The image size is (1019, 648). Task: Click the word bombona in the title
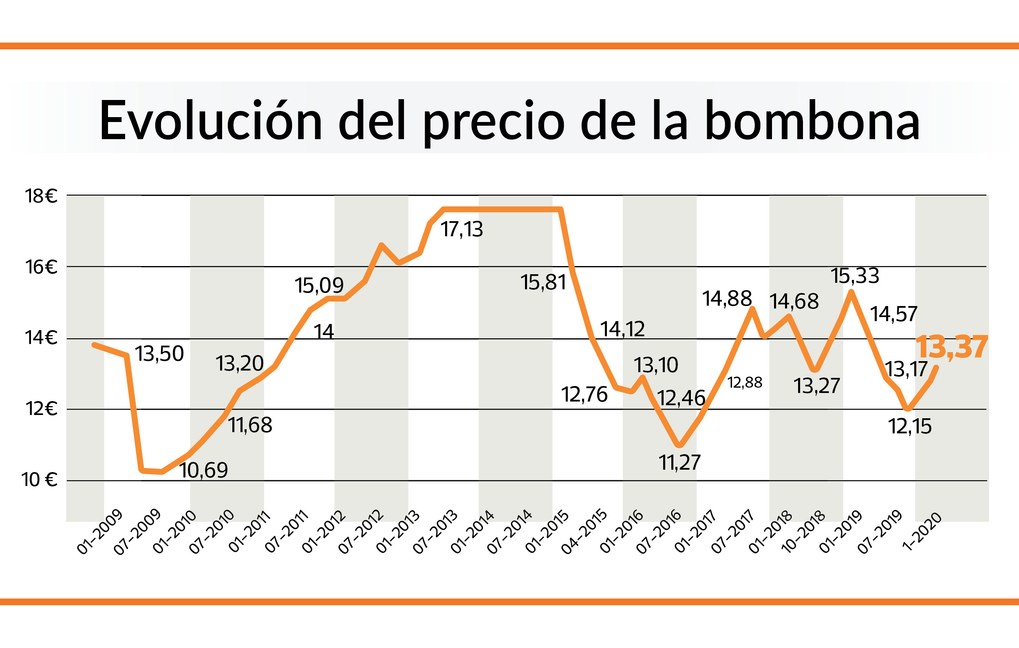(812, 121)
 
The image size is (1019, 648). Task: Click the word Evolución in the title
(210, 121)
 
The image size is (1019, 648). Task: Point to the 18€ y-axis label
(41, 197)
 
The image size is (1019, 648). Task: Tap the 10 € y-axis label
(40, 480)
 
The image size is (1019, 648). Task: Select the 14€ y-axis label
(41, 337)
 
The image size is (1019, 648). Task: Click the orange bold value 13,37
(951, 347)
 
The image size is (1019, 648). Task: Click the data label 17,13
(462, 230)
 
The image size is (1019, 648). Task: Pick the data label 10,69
(203, 470)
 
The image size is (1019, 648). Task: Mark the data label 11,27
(679, 462)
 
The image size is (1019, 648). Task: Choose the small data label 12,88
(745, 382)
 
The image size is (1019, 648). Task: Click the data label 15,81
(543, 282)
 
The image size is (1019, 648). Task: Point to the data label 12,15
(910, 426)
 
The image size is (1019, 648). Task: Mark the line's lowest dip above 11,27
(679, 445)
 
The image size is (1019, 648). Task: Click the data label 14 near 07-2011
(324, 332)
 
